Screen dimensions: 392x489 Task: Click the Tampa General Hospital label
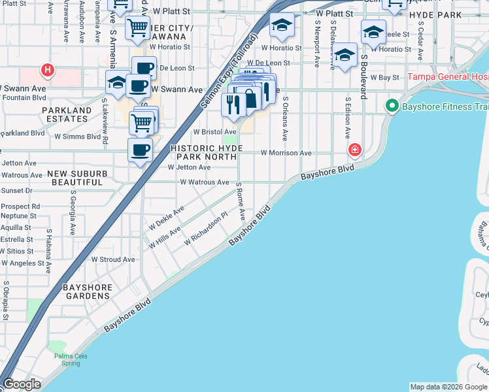point(448,76)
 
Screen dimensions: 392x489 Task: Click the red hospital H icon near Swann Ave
point(47,69)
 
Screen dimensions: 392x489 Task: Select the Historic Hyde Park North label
point(207,153)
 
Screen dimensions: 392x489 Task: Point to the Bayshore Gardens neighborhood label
point(87,291)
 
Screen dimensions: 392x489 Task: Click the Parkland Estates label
point(67,115)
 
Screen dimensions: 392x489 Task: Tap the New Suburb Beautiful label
point(76,178)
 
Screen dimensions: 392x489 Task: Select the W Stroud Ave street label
point(113,259)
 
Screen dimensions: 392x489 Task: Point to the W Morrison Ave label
point(286,153)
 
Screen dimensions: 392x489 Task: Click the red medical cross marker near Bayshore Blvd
point(354,150)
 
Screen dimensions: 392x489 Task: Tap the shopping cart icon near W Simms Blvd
point(141,122)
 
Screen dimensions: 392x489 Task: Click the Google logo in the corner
point(22,384)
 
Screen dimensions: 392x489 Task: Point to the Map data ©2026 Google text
point(448,387)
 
